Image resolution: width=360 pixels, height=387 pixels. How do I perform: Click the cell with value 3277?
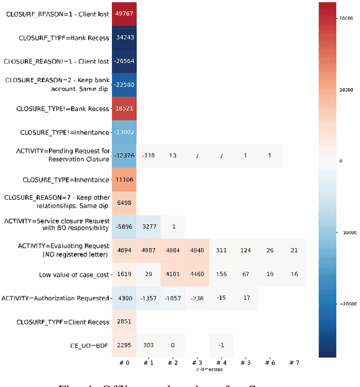tap(148, 227)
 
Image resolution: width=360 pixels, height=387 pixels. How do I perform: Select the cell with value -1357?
tap(148, 298)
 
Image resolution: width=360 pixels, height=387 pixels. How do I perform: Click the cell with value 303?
tap(148, 345)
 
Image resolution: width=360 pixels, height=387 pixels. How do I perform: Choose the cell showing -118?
tap(148, 155)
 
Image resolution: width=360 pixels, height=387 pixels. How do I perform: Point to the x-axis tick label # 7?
tap(294, 363)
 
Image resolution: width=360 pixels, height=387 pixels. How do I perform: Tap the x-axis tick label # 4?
tap(220, 363)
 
